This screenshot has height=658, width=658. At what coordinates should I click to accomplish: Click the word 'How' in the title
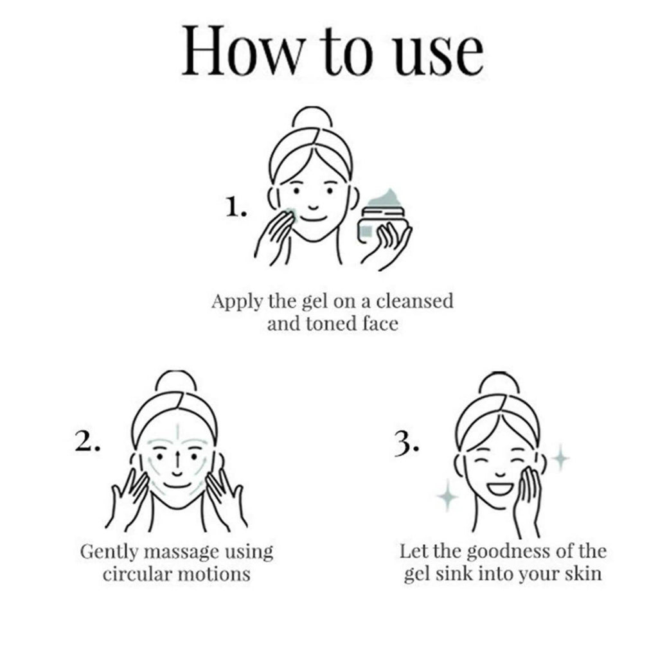click(242, 51)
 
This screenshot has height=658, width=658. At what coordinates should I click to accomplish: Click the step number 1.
click(236, 208)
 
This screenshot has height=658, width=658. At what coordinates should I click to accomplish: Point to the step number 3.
click(406, 443)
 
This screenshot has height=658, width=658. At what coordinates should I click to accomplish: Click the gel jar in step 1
click(382, 218)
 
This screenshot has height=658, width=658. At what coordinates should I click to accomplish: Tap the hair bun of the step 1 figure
click(312, 118)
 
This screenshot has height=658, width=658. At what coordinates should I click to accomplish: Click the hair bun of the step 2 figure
click(176, 381)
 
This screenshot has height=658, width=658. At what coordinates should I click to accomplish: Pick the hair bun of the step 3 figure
click(499, 383)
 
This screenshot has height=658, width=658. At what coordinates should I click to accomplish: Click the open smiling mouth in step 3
click(501, 489)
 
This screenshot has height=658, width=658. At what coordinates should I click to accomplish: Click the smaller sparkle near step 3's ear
click(560, 458)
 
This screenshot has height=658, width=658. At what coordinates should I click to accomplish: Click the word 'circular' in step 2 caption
click(136, 574)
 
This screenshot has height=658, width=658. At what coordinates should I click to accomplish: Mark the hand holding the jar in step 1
click(386, 246)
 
